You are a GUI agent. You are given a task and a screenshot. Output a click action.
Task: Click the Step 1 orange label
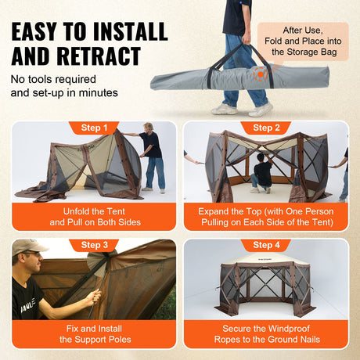click(94, 128)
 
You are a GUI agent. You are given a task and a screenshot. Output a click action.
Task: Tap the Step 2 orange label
click(266, 128)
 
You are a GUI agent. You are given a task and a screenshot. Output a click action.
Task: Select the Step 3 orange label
click(94, 245)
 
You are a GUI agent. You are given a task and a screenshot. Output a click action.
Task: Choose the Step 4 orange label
click(266, 245)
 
